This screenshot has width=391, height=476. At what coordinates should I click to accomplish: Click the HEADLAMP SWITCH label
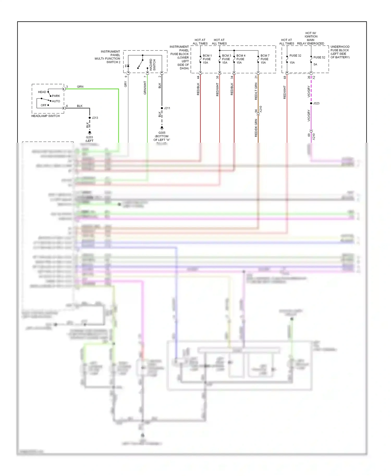pyautogui.click(x=45, y=116)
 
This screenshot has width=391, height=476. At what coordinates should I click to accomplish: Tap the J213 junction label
pyautogui.click(x=95, y=118)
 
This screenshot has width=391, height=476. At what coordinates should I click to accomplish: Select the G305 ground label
pyautogui.click(x=162, y=133)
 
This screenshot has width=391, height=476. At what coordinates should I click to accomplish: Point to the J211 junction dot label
pyautogui.click(x=167, y=108)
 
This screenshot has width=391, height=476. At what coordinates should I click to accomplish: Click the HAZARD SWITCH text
pyautogui.click(x=152, y=65)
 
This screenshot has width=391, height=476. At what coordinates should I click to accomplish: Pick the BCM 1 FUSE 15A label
pyautogui.click(x=207, y=59)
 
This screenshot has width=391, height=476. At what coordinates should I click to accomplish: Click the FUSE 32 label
pyautogui.click(x=295, y=56)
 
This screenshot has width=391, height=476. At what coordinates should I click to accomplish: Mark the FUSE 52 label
pyautogui.click(x=319, y=57)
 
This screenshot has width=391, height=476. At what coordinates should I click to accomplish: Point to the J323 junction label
pyautogui.click(x=316, y=103)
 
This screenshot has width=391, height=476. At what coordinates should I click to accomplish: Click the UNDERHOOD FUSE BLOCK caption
pyautogui.click(x=340, y=52)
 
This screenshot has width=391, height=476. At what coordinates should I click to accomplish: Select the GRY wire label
pyautogui.click(x=126, y=84)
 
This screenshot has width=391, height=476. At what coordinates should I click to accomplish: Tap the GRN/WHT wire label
pyautogui.click(x=145, y=88)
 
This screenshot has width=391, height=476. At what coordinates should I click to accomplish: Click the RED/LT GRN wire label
pyautogui.click(x=256, y=91)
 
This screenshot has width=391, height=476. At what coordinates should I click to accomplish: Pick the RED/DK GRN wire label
pyautogui.click(x=256, y=128)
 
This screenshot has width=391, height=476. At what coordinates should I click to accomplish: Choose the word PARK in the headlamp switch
pyautogui.click(x=56, y=96)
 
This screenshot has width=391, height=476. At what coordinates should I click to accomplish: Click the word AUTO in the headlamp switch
pyautogui.click(x=56, y=101)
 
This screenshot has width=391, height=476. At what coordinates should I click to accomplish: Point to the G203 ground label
pyautogui.click(x=89, y=137)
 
